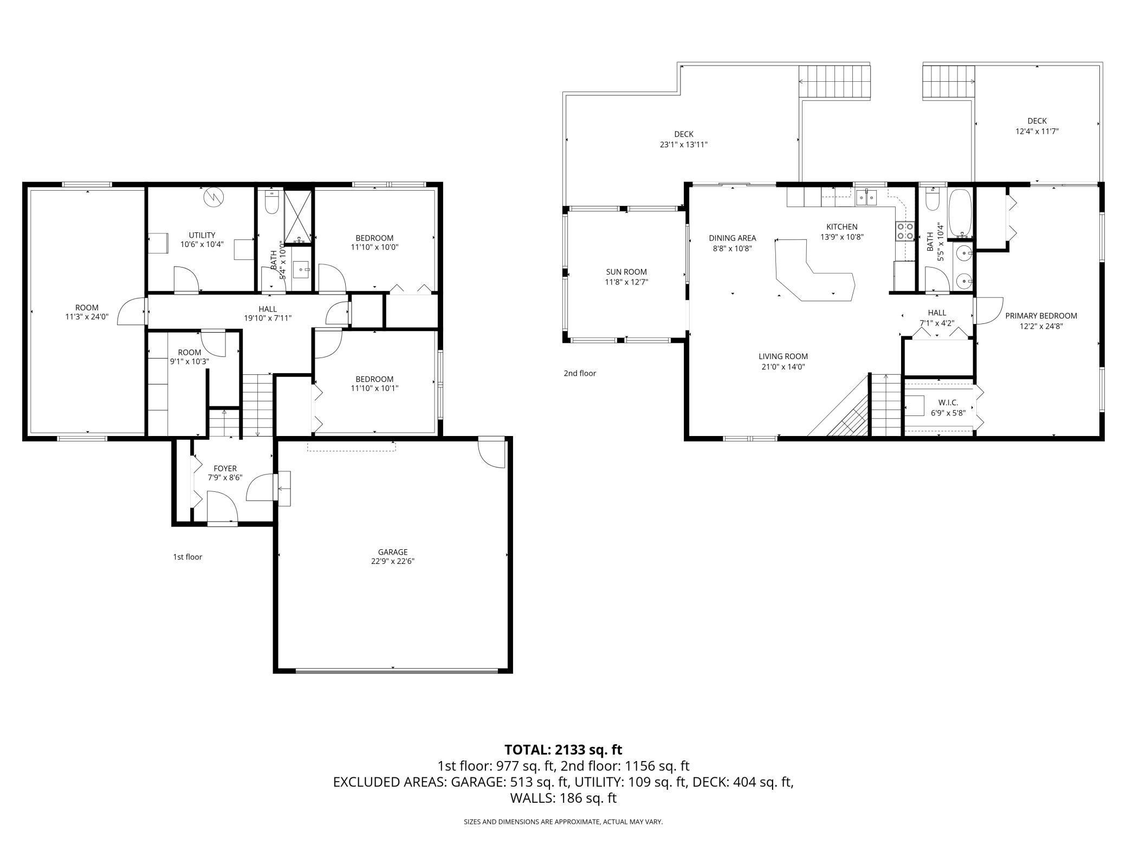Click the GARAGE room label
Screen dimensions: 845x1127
[x=392, y=552]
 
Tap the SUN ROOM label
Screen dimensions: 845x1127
[x=626, y=272]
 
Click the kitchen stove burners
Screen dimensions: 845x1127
[x=903, y=231]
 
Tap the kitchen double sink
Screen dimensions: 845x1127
[x=866, y=198]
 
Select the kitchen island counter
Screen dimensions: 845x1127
[x=813, y=274]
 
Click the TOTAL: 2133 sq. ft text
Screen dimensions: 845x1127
[x=563, y=750]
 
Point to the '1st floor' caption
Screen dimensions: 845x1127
[x=187, y=557]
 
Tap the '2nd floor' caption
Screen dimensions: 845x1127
[x=580, y=373]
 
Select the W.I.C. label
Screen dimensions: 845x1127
[x=948, y=402]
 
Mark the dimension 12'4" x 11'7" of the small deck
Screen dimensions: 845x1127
[x=1037, y=131]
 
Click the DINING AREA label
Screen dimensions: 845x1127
[x=732, y=238]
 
